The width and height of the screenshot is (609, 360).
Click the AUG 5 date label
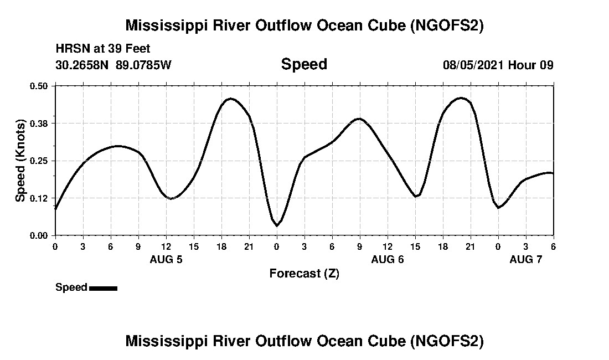tap(166, 259)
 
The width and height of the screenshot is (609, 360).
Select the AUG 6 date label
tap(388, 259)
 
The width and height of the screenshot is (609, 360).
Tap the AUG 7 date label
tap(526, 259)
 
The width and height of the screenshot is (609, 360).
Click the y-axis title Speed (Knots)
tap(20, 160)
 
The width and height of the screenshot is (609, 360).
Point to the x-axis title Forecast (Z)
tap(304, 273)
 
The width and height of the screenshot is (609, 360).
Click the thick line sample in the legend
tap(103, 288)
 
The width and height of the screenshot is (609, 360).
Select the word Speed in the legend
tap(71, 287)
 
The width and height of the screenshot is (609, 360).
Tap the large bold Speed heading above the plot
tap(304, 64)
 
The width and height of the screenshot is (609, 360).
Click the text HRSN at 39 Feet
tap(103, 49)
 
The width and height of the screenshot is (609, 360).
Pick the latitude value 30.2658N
tap(83, 65)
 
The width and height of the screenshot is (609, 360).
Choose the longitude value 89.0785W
tap(144, 65)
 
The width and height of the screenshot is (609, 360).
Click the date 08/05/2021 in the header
tap(473, 65)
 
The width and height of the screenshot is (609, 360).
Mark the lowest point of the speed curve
tap(277, 225)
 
